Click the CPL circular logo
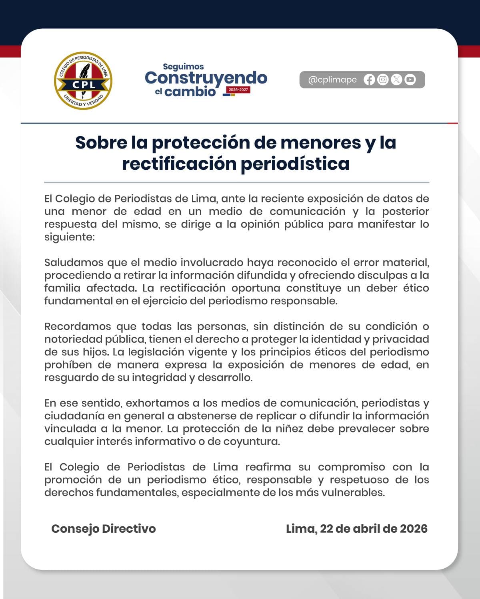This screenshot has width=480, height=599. click(x=83, y=81)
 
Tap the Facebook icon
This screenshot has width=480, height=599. click(x=369, y=80)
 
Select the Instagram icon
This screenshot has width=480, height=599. click(x=383, y=80)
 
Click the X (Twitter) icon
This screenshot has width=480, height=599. click(x=396, y=80)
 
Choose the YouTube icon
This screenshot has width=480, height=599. click(x=410, y=80)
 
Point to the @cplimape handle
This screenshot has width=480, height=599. click(x=332, y=80)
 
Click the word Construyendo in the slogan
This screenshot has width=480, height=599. click(x=206, y=78)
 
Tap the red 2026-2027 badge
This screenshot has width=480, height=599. click(x=238, y=90)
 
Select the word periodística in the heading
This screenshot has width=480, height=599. click(x=295, y=164)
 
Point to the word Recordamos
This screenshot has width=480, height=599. click(x=78, y=326)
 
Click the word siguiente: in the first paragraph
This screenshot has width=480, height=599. click(x=69, y=237)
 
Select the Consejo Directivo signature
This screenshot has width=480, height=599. click(x=103, y=529)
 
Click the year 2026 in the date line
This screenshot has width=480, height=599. click(x=413, y=529)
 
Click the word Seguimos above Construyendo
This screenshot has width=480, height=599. click(x=183, y=67)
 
